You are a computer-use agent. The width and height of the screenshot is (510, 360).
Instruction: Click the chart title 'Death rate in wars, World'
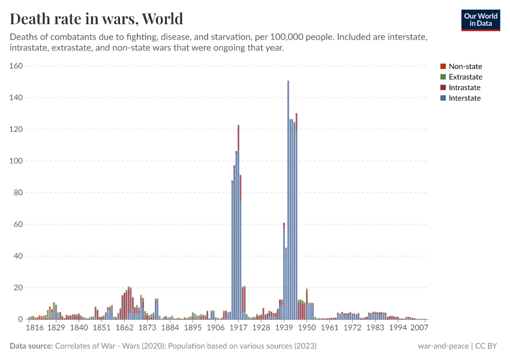[97, 19]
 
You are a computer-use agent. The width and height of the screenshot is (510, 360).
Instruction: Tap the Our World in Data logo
[480, 20]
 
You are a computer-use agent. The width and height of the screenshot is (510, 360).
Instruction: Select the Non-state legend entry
[465, 67]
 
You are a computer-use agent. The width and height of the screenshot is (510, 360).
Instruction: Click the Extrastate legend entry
[465, 77]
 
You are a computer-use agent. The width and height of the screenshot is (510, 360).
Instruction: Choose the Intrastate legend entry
[465, 88]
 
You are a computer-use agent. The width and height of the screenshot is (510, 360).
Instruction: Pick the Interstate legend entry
[465, 98]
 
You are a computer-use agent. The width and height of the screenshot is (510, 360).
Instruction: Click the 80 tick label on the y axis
[18, 193]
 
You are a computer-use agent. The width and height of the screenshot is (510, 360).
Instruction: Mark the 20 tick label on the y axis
[18, 288]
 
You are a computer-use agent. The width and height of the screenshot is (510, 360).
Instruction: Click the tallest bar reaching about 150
[288, 204]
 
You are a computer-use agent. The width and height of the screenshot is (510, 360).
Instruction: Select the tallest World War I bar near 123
[238, 228]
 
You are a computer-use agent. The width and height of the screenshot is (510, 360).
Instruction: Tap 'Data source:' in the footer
[31, 346]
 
